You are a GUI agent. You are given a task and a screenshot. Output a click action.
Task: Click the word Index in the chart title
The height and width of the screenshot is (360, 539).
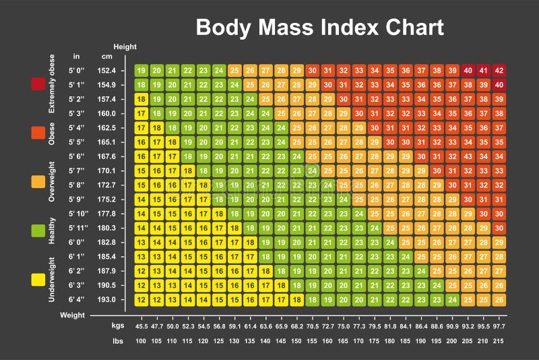(334, 27)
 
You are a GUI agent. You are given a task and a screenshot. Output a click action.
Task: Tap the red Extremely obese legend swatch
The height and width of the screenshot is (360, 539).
(38, 84)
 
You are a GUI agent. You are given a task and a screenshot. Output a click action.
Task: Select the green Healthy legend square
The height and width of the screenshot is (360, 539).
(38, 231)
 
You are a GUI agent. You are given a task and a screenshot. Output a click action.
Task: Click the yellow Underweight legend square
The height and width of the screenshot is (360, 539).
(38, 278)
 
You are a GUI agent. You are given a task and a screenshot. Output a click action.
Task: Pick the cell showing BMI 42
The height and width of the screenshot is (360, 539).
(499, 70)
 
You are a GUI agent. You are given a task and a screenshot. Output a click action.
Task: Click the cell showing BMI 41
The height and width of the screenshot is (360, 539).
(483, 70)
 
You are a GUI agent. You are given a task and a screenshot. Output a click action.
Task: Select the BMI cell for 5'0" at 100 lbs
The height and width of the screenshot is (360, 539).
(141, 70)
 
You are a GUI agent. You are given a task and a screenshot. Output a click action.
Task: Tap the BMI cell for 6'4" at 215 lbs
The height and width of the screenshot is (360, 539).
(499, 300)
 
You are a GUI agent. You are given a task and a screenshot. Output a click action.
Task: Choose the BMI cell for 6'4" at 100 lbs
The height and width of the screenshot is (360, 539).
(141, 300)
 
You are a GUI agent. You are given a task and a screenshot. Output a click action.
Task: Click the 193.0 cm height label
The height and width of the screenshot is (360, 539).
(108, 300)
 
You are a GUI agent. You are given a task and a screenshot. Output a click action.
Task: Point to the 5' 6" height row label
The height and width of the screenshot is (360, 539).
(76, 156)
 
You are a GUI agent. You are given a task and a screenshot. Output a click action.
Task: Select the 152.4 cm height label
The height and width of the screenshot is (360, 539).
(108, 70)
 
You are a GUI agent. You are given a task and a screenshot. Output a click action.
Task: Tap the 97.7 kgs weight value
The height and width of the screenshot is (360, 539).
(499, 326)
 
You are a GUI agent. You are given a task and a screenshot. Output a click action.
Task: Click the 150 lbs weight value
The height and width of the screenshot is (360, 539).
(296, 340)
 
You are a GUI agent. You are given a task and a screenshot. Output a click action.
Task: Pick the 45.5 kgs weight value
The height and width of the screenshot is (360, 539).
(141, 326)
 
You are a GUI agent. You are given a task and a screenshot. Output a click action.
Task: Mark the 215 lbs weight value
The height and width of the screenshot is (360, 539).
(499, 340)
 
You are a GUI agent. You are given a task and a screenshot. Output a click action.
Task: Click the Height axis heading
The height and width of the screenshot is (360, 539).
(125, 47)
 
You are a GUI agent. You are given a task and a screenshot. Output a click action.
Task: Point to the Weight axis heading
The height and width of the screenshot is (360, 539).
(72, 315)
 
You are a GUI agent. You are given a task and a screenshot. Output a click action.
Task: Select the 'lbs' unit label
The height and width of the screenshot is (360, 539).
(117, 340)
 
